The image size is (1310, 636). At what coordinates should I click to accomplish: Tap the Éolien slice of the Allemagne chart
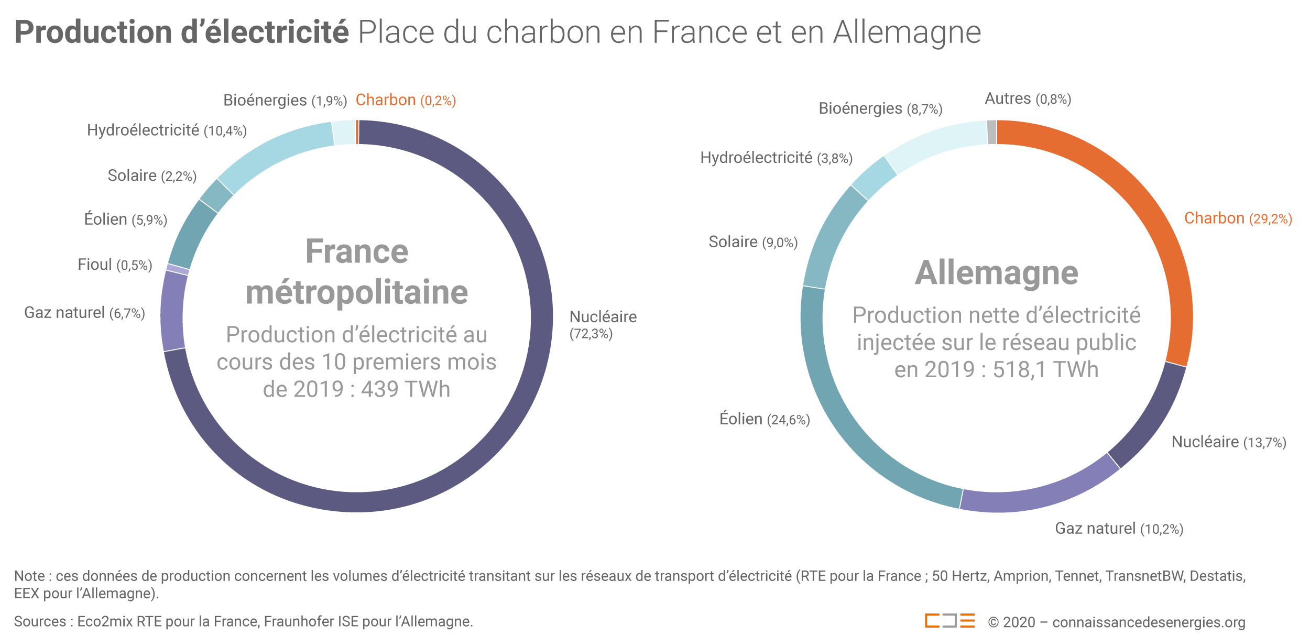844,419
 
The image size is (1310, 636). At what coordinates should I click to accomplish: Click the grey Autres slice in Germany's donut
991,132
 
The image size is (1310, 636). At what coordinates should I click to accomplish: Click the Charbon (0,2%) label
406,100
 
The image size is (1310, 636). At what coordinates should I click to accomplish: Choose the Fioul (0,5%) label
115,265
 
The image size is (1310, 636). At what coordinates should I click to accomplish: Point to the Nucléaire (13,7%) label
1228,442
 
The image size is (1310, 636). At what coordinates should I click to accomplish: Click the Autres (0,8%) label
1028,98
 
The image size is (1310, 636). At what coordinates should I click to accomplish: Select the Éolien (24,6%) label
764,419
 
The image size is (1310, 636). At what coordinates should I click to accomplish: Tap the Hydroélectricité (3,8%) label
776,158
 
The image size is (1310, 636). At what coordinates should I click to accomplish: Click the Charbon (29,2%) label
1238,218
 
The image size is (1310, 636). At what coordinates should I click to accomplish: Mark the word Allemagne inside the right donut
996,273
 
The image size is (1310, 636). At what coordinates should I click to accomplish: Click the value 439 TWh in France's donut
406,389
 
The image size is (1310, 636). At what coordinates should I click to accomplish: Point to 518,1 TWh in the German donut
1045,370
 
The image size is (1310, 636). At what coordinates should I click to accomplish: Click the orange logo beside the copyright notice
949,621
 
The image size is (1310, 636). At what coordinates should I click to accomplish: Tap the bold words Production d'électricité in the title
181,32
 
